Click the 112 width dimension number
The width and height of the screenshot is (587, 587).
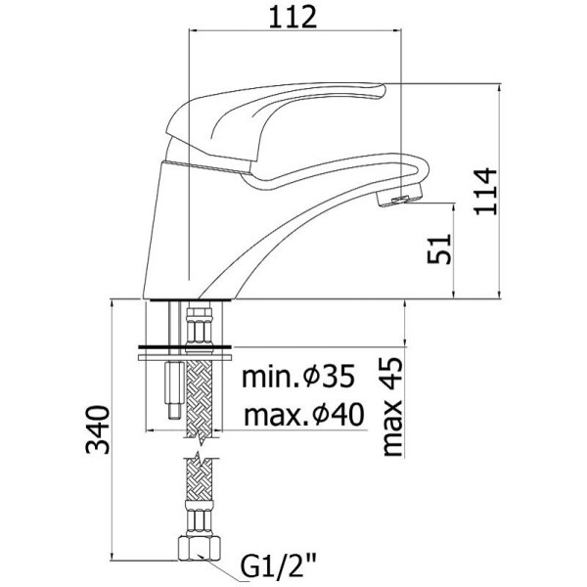(x=293, y=18)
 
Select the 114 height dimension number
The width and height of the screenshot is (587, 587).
(x=485, y=192)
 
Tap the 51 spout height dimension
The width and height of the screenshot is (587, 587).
(x=439, y=249)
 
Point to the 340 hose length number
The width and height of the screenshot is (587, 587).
(x=98, y=429)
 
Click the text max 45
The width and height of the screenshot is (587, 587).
(x=392, y=407)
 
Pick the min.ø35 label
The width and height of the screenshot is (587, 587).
(x=298, y=377)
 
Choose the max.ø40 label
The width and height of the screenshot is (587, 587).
(x=303, y=415)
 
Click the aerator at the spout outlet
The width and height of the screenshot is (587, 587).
(x=400, y=195)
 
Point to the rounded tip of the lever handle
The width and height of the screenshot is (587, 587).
(x=380, y=92)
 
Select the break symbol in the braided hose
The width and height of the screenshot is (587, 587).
(x=199, y=448)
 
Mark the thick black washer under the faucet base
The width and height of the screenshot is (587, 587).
(x=185, y=347)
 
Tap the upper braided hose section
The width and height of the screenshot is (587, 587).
(x=199, y=399)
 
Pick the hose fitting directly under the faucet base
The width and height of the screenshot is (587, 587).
(x=199, y=324)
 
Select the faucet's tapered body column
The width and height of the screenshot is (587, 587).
(x=169, y=228)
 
